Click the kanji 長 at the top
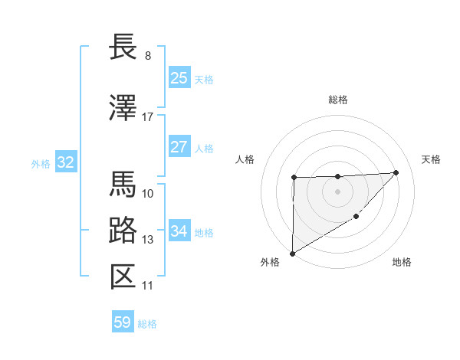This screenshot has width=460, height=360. tap(123, 47)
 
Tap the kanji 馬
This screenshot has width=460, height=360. tap(123, 184)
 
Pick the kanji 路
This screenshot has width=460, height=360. tap(123, 231)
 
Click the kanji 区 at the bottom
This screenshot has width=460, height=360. tap(123, 277)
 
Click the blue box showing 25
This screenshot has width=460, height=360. tap(179, 78)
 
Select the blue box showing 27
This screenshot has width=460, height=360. tap(179, 147)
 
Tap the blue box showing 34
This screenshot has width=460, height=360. tap(179, 231)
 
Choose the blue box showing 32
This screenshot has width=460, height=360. tap(65, 162)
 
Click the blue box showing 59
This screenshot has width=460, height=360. tap(123, 322)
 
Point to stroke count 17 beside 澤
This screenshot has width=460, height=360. tap(148, 117)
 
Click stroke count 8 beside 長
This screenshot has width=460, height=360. tap(148, 56)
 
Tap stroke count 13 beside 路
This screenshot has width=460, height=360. tap(148, 240)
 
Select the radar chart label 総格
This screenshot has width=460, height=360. tap(337, 100)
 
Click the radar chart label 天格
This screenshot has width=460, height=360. tap(431, 159)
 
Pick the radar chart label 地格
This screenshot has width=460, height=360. tap(402, 262)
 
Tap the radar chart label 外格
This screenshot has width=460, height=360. tap(270, 262)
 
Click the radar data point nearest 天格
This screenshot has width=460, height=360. tap(396, 172)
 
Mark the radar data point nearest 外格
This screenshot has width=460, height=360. tap(292, 253)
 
